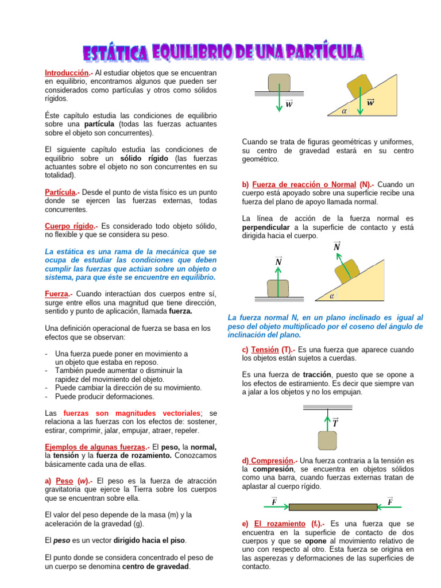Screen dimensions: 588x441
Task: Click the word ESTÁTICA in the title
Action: coord(114,54)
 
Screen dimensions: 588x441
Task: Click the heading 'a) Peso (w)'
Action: coord(68,480)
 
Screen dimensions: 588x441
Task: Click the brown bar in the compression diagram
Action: coord(333,506)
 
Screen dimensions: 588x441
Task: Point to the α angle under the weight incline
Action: coord(344,111)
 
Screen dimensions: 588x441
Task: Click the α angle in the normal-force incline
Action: coord(332,297)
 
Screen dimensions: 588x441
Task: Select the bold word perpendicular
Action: coord(268,227)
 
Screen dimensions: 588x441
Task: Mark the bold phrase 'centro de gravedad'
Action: coord(156,566)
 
